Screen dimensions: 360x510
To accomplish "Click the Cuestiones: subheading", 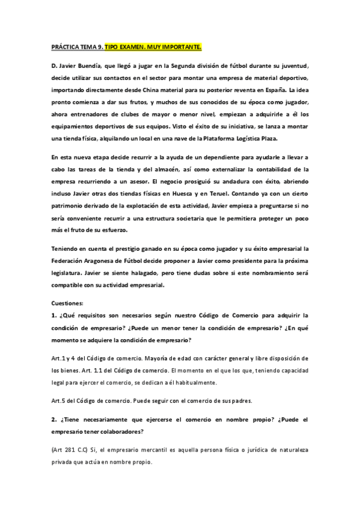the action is (68, 304).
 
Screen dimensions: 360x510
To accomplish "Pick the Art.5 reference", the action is (59, 401).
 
